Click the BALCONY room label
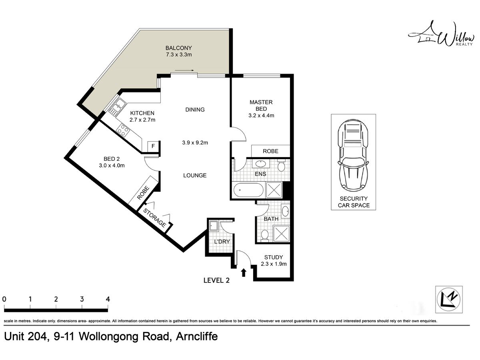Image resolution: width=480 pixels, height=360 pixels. pos(178,48)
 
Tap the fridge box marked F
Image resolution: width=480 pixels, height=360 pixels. pos(153,146)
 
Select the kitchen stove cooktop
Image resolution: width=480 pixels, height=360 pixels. pos(122,130)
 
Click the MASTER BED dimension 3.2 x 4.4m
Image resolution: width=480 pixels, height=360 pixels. pos(261,116)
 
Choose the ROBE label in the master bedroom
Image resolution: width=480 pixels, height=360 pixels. pos(270,151)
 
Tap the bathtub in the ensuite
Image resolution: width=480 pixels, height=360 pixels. pos(248,190)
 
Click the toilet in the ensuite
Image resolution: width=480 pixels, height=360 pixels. pos(281,166)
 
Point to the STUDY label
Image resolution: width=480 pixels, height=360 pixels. pos(273,257)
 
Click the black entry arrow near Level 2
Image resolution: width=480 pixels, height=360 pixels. pos(244,273)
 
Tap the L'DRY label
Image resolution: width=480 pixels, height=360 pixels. pos(222,242)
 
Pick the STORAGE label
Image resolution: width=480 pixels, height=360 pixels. pos(154,218)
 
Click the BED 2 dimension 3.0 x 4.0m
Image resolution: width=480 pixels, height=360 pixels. pos(112,166)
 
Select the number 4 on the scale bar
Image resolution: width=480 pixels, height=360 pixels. pos(108,299)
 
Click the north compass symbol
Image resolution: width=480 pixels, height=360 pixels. pos(449,299)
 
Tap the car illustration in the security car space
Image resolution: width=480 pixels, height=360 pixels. pos(353,154)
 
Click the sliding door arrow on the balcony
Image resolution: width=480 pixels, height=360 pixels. pos(184,70)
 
